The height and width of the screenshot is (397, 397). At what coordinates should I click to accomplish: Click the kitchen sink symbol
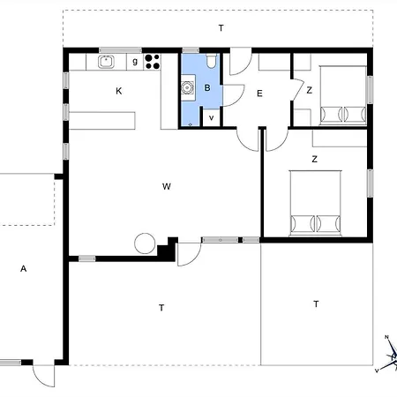(x=106, y=62)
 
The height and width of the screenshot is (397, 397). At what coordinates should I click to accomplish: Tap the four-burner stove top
(x=153, y=62)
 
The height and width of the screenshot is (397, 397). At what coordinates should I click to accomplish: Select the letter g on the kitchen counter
(x=135, y=62)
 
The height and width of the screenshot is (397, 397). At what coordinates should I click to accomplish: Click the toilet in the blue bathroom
(x=211, y=61)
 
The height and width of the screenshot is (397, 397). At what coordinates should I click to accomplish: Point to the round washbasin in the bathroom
(x=187, y=87)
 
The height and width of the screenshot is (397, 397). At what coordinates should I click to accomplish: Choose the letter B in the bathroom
(x=207, y=87)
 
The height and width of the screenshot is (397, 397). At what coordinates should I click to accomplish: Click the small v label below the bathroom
(x=211, y=118)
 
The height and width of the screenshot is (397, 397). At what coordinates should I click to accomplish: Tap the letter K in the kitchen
(x=119, y=91)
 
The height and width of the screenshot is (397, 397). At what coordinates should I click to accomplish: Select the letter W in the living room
(x=167, y=186)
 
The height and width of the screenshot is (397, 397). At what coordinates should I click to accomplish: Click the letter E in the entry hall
(x=259, y=94)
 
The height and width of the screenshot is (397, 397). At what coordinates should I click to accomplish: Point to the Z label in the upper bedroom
(x=309, y=90)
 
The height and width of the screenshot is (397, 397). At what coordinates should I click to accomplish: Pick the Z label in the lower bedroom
(x=314, y=159)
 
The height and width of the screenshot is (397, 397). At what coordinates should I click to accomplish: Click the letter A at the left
(x=24, y=268)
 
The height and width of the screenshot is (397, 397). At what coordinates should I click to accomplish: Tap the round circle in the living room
(x=145, y=243)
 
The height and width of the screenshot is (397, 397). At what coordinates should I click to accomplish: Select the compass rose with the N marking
(x=390, y=355)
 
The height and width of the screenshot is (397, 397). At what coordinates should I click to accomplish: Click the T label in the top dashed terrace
(x=221, y=28)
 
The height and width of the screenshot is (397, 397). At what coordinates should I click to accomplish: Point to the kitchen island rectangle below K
(x=102, y=121)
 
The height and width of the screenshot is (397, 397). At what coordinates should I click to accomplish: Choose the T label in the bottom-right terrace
(x=316, y=303)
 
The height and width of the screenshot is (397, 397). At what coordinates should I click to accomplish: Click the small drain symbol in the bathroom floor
(x=190, y=125)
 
